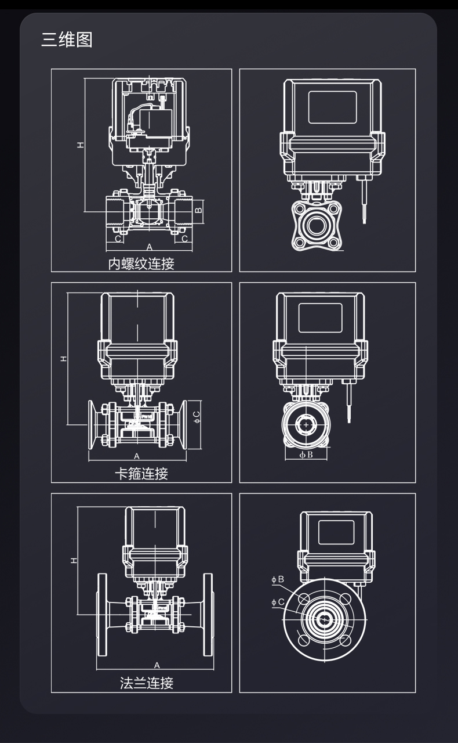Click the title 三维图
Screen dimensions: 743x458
[67, 40]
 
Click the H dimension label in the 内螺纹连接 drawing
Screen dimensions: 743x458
[81, 144]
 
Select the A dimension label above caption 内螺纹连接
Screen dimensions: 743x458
[149, 247]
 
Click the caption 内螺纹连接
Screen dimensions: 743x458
[141, 264]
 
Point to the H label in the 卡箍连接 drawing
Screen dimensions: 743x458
[64, 358]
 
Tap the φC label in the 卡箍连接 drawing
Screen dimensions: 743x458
[197, 416]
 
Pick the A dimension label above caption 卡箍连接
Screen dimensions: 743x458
[137, 456]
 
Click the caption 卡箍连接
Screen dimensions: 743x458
[141, 474]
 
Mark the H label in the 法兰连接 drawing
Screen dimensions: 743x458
[74, 560]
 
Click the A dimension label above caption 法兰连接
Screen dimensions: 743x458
[157, 665]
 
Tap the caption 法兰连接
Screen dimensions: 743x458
[147, 683]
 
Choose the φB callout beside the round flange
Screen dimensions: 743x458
[278, 579]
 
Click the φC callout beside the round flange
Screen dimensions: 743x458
[278, 602]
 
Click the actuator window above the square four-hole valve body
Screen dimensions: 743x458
[332, 107]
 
